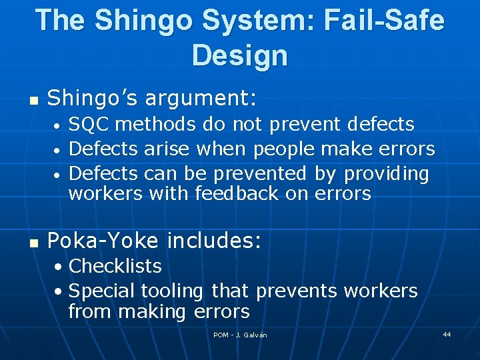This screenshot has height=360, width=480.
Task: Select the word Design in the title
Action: tap(239, 55)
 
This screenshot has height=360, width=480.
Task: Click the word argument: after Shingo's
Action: tap(201, 99)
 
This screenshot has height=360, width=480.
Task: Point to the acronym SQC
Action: tap(89, 124)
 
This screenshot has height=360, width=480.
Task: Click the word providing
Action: tap(386, 173)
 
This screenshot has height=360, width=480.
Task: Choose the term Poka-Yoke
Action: tap(103, 240)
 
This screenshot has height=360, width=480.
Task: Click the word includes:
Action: tap(213, 240)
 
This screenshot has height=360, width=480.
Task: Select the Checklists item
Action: tap(115, 266)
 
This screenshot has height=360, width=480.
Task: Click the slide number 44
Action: tap(447, 334)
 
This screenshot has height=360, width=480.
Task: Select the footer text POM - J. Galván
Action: tap(240, 335)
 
